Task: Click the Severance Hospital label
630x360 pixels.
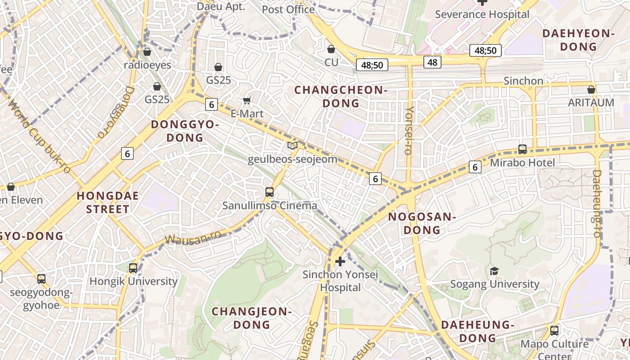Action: coord(482,14)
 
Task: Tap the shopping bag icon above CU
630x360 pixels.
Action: coord(331,49)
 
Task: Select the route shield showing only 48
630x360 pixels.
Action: coord(432,62)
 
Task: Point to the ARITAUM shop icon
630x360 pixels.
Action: coord(591,90)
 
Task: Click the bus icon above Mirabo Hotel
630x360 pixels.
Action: coord(522,149)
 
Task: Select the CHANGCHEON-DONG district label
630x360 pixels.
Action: coord(341,97)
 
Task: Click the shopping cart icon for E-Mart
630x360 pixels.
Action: coord(247,100)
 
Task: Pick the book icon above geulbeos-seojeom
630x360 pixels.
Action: coord(292,145)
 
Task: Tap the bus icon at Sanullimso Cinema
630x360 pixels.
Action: coord(270,192)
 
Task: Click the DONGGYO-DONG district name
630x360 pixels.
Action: coord(184,131)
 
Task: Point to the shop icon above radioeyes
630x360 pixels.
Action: coord(147,52)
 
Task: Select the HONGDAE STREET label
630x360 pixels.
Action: coord(108,202)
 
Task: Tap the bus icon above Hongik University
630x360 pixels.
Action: coord(133,268)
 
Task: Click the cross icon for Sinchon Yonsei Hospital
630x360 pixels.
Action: coord(340,261)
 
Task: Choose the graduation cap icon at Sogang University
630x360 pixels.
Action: coord(494,270)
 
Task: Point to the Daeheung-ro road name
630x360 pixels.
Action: coord(597,203)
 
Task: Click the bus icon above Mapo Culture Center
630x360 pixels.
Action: coord(554,330)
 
